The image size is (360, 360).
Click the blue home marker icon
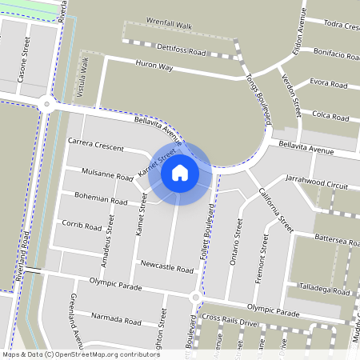(x=180, y=172)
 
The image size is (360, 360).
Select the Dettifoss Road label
(x=182, y=50)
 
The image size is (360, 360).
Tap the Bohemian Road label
(x=102, y=200)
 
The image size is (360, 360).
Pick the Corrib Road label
(x=82, y=226)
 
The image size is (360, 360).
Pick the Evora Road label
(x=329, y=83)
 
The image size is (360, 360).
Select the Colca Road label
(x=330, y=116)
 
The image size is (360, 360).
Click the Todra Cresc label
(x=335, y=26)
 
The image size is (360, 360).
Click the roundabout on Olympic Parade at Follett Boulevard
(x=194, y=298)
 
